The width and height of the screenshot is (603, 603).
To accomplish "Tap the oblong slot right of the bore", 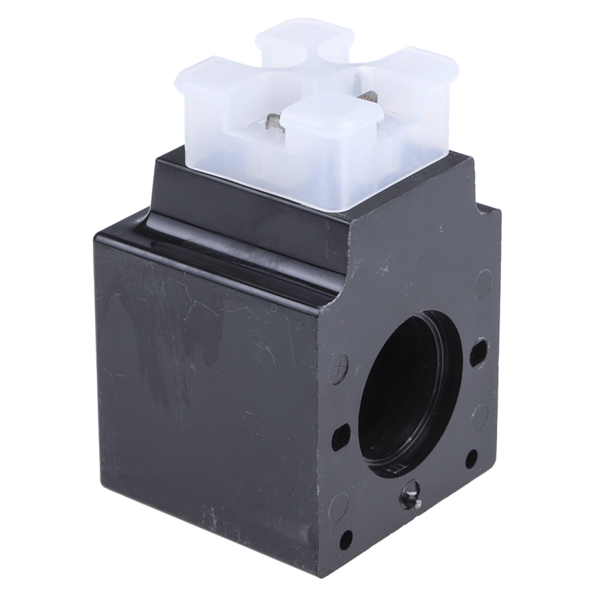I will (x=478, y=353).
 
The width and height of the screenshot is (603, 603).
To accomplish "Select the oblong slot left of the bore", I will (x=341, y=437).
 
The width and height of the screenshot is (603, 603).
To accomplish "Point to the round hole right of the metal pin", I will (x=471, y=459).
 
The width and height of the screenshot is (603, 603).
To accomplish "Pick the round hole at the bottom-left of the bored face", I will (x=344, y=539).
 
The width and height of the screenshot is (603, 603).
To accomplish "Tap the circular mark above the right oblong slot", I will (x=482, y=284).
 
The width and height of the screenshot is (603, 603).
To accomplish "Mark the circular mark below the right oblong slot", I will (x=479, y=414).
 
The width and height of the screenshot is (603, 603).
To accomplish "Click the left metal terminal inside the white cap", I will (x=273, y=125).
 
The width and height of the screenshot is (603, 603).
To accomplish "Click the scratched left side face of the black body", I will (x=208, y=388).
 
